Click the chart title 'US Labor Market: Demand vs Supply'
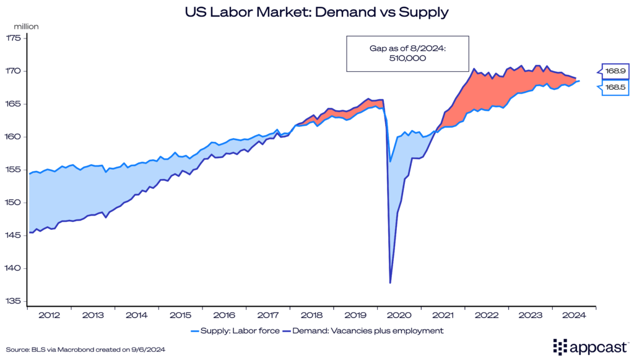(316, 12)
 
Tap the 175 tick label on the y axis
(14, 38)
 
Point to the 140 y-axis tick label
(14, 268)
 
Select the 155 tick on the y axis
(14, 170)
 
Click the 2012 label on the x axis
(49, 315)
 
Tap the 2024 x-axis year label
(575, 315)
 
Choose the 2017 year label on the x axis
(268, 315)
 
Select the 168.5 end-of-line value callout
(613, 88)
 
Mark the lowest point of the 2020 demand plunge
(390, 283)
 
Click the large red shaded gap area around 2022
(489, 93)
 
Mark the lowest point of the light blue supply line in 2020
(390, 162)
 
